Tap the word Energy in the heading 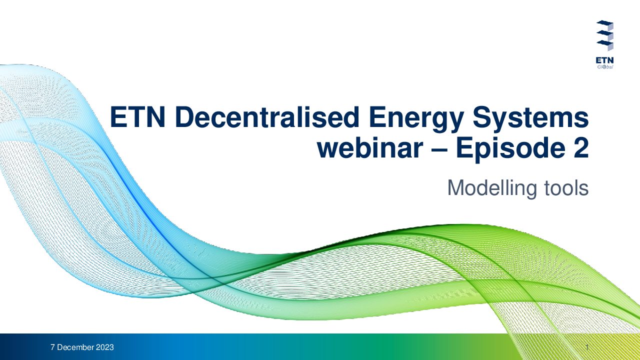pyautogui.click(x=416, y=119)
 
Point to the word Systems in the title pyautogui.click(x=530, y=119)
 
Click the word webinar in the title pyautogui.click(x=370, y=147)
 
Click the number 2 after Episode pyautogui.click(x=580, y=147)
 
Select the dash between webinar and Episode pyautogui.click(x=439, y=149)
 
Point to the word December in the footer pyautogui.click(x=75, y=347)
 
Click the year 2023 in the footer pyautogui.click(x=105, y=347)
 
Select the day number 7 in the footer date pyautogui.click(x=53, y=347)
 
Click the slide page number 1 pyautogui.click(x=587, y=347)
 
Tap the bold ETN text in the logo pyautogui.click(x=604, y=60)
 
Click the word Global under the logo pyautogui.click(x=605, y=67)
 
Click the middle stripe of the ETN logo pyautogui.click(x=604, y=33)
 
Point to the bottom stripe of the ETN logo pyautogui.click(x=604, y=43)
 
